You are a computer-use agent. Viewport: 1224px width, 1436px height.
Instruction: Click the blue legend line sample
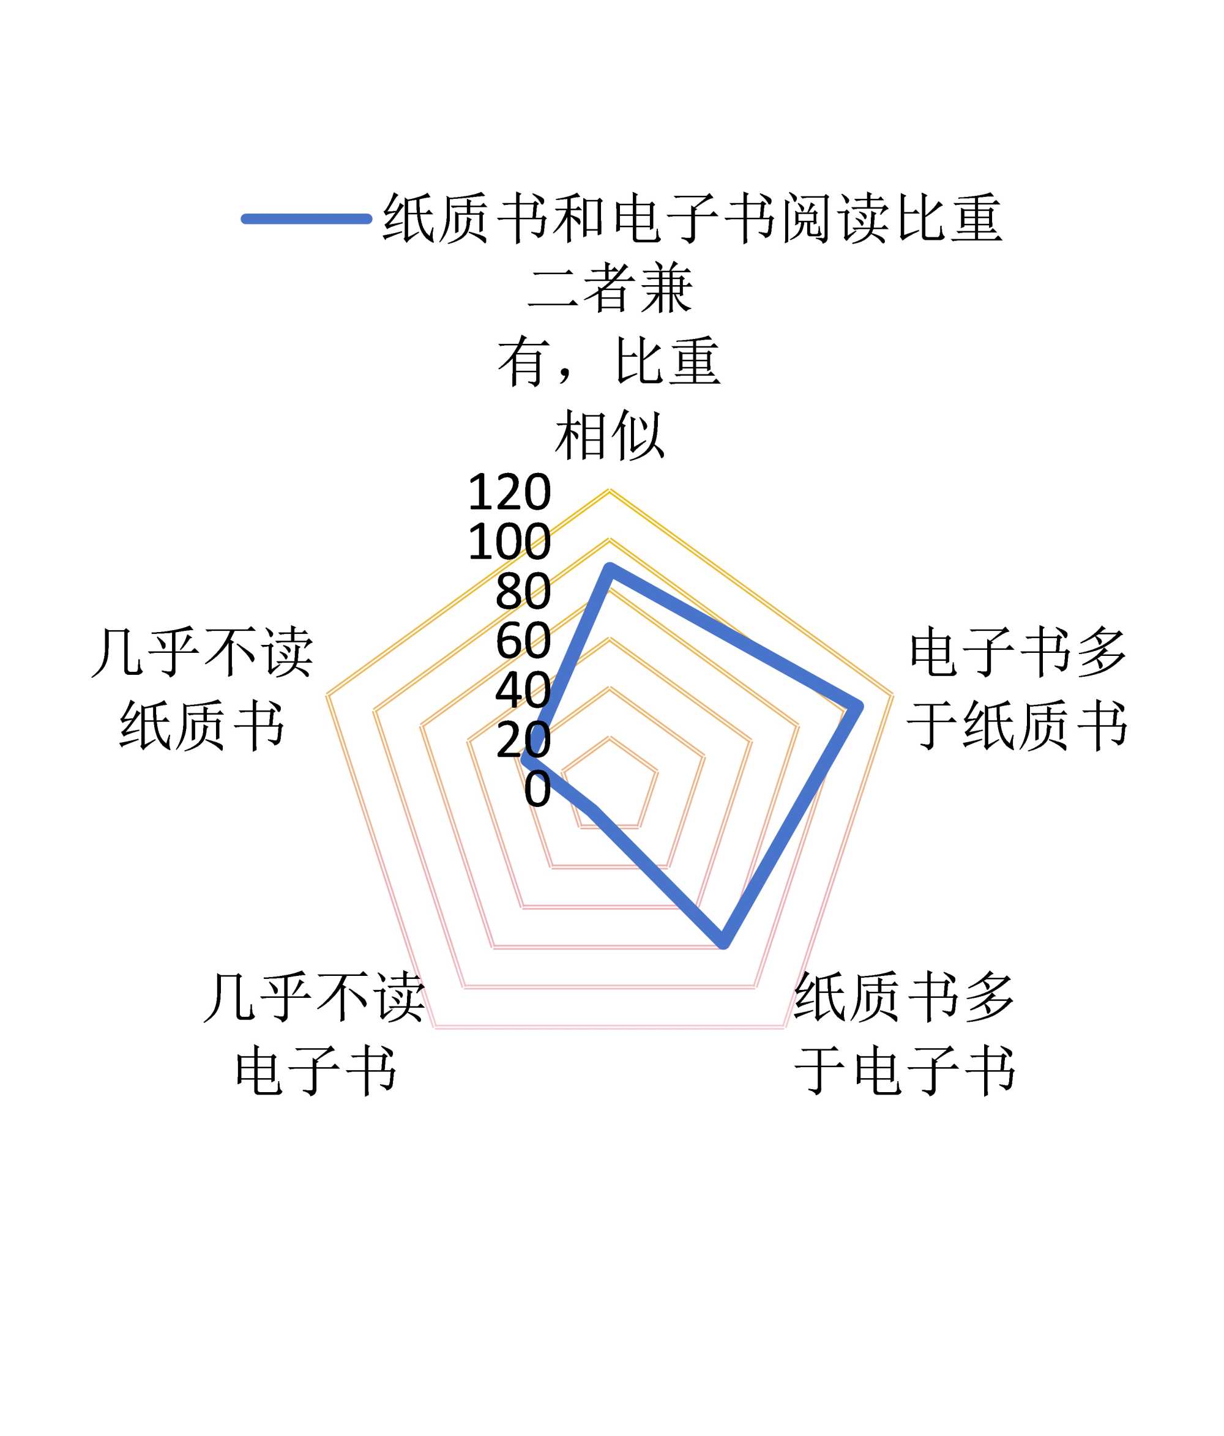click(x=305, y=219)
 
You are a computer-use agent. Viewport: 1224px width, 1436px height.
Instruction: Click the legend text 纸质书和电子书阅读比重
click(x=692, y=219)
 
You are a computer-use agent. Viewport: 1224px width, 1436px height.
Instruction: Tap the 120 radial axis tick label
click(x=509, y=493)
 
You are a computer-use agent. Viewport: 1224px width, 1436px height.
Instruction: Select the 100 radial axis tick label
click(x=509, y=542)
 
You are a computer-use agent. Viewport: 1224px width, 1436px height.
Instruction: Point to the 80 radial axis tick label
click(x=523, y=592)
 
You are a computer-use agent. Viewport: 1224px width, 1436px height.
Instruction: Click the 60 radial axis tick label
click(x=523, y=641)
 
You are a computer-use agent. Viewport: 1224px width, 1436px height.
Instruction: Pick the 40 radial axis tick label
click(x=523, y=690)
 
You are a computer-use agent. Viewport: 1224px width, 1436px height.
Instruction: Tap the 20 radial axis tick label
click(x=523, y=740)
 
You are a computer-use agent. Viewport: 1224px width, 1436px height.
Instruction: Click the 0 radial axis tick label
click(x=537, y=789)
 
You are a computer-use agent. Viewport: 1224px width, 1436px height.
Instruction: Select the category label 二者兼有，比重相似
click(x=609, y=362)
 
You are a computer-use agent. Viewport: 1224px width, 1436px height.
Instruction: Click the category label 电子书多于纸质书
click(x=1017, y=689)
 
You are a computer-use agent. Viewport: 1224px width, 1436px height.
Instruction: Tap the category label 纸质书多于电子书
click(x=905, y=1034)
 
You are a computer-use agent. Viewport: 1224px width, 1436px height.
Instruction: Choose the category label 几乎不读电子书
click(x=315, y=1034)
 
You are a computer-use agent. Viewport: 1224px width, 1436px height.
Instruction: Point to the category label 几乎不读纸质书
click(x=202, y=689)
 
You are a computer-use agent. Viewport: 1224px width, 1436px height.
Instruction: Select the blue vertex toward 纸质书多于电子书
click(x=723, y=943)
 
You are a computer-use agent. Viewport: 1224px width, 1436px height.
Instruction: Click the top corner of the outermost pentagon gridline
click(x=609, y=491)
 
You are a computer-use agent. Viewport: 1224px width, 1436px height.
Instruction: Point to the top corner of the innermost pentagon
click(x=609, y=737)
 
